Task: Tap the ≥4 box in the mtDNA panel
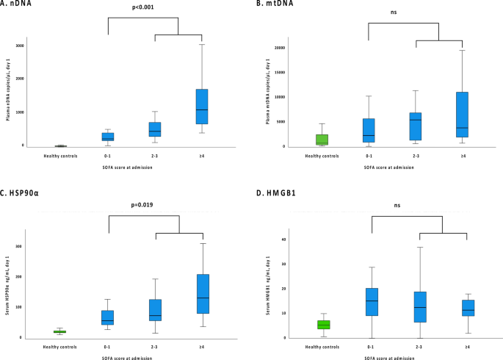tap(463, 114)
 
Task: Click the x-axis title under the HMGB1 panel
tap(395, 356)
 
